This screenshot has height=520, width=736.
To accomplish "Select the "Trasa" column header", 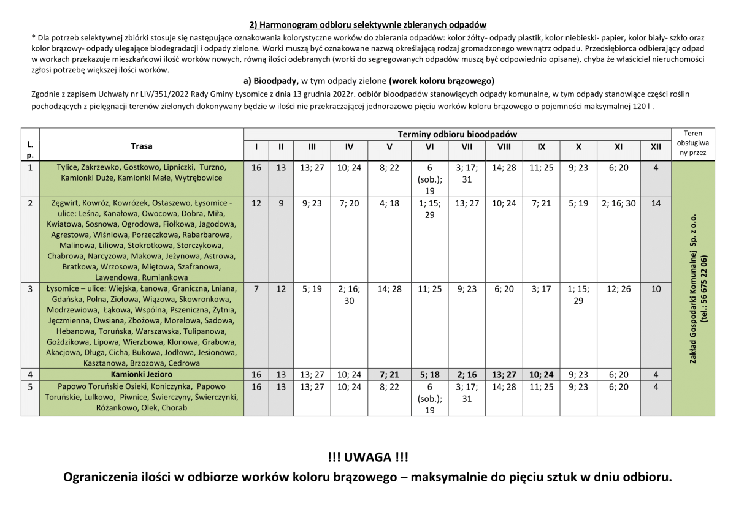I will pos(142,146).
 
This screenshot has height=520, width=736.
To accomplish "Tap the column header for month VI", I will pos(429,147).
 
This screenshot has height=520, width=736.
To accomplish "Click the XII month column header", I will pos(656,147).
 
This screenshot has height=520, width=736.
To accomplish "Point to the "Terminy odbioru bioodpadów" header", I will pos(457,134).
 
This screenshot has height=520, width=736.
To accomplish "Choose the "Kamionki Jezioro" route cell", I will pos(142,374).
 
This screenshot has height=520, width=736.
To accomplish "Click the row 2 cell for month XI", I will pos(619,203).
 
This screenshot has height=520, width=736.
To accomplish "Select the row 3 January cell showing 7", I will pos(256,289).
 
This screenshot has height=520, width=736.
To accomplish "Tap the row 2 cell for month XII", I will pos(656,203).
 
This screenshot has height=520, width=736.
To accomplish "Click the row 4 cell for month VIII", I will pos(504,374).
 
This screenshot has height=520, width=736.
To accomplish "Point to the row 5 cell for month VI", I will pos(429,398).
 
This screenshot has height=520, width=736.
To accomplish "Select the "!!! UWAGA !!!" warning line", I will pos(368,457).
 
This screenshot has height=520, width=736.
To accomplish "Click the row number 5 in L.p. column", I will pos(30,386).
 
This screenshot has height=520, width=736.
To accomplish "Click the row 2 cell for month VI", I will pos(429,209).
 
